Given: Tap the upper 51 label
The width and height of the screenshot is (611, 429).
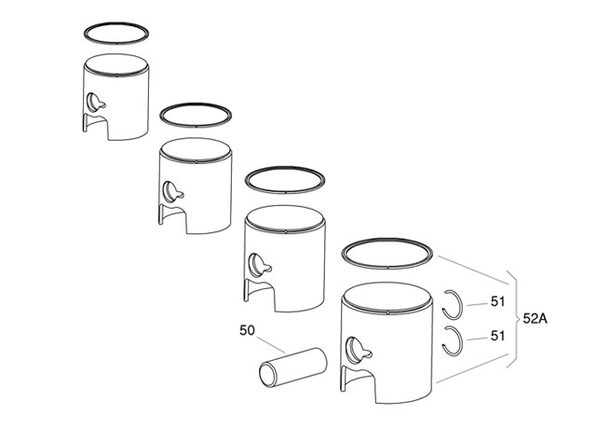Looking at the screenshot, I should pos(497,301).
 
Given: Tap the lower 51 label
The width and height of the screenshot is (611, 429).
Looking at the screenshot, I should pos(497,336).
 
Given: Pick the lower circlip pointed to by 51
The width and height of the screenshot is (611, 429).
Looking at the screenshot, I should pos(454,340).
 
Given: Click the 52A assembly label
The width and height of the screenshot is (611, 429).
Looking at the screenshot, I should pos(535,318).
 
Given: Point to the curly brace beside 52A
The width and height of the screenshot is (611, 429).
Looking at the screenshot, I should pos(511,318).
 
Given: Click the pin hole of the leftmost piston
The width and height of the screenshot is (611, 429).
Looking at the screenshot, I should pos(95,102).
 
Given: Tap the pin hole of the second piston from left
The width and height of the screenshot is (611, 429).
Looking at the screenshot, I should pos(172,190).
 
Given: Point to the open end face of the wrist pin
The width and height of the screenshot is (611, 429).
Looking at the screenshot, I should pos(268,379).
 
